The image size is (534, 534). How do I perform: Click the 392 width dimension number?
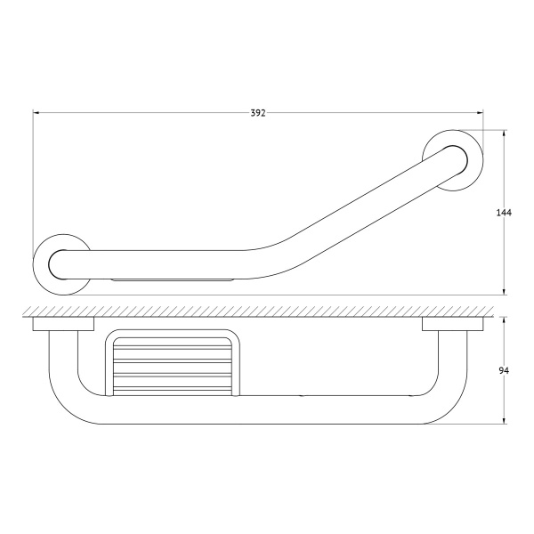[x=258, y=113]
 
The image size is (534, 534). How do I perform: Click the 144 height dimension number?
[x=504, y=213]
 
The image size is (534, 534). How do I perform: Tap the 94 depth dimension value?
[x=504, y=371]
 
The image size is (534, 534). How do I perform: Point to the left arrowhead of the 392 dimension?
[x=36, y=112]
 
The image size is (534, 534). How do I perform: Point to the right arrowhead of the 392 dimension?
[x=480, y=112]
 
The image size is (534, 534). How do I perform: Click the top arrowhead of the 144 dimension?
[x=504, y=133]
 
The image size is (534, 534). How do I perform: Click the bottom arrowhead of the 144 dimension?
[x=504, y=291]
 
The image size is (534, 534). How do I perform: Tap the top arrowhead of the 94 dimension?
[x=504, y=320]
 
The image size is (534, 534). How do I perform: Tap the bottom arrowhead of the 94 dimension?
[x=504, y=420]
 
